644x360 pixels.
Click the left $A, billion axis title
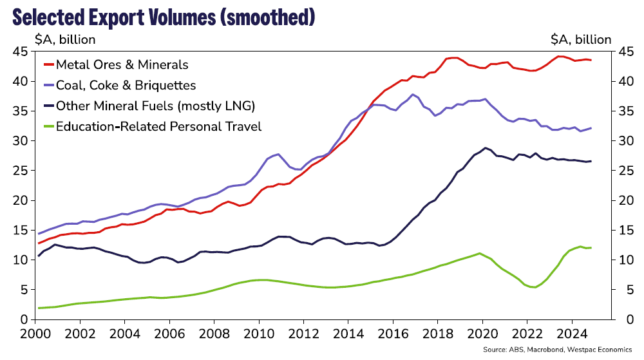(x=65, y=39)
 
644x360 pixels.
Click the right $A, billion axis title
(x=580, y=39)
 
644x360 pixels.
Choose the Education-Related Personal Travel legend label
(x=158, y=126)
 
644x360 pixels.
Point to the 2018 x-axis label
(x=437, y=336)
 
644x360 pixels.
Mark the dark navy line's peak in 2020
(x=486, y=147)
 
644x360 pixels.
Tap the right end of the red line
(x=591, y=60)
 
